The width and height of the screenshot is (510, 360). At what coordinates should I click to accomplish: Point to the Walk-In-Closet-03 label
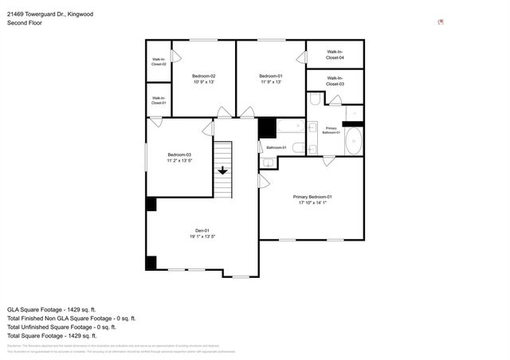(x=335, y=81)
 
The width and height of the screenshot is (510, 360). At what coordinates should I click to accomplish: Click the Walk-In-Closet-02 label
(x=159, y=61)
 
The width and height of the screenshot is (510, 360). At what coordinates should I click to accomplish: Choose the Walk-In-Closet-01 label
(x=159, y=100)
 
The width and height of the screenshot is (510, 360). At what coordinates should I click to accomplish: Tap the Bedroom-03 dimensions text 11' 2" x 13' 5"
(x=179, y=161)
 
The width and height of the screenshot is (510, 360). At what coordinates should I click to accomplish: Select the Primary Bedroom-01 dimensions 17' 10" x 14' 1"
(x=312, y=202)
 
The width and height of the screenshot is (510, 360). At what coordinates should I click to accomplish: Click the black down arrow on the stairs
(x=223, y=170)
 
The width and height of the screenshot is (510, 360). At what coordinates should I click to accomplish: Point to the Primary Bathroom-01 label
(x=331, y=130)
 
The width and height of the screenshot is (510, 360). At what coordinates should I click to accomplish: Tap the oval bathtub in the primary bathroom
(x=354, y=143)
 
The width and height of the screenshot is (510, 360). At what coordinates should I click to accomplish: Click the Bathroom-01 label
(x=277, y=147)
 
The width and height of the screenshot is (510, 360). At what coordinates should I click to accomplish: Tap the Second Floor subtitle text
(x=25, y=23)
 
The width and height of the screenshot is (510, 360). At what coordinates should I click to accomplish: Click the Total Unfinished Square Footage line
(x=61, y=327)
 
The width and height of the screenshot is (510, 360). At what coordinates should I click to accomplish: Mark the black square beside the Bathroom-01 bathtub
(x=266, y=127)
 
